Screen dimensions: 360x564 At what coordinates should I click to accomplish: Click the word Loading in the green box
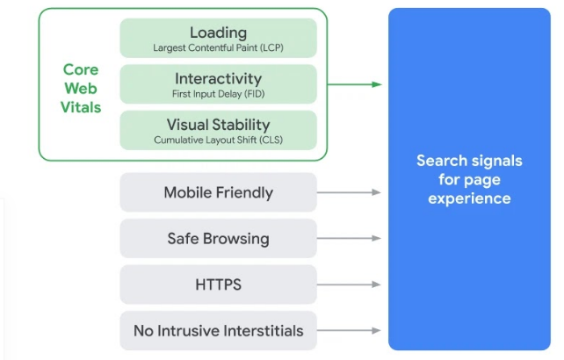[x=218, y=32]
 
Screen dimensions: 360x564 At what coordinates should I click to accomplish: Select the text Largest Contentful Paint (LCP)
[x=218, y=47]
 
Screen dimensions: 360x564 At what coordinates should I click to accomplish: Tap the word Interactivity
[x=218, y=78]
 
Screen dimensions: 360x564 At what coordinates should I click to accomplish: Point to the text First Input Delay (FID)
[x=218, y=93]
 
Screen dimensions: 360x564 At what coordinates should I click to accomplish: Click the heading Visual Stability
[x=218, y=125]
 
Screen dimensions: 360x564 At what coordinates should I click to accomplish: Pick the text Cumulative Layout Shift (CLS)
[x=218, y=140]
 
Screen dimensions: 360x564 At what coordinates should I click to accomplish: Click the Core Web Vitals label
[x=82, y=88]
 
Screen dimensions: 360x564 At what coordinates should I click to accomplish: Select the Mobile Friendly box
[x=218, y=192]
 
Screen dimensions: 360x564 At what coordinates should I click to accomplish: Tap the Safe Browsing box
[x=218, y=239]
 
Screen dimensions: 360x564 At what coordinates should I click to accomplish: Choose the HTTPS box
[x=218, y=284]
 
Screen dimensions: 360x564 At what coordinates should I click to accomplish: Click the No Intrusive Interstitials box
[x=218, y=331]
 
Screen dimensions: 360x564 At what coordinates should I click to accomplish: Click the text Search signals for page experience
[x=469, y=179]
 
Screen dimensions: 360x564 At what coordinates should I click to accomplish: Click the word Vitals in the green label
[x=82, y=107]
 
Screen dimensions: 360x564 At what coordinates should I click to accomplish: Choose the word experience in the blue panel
[x=469, y=198]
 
